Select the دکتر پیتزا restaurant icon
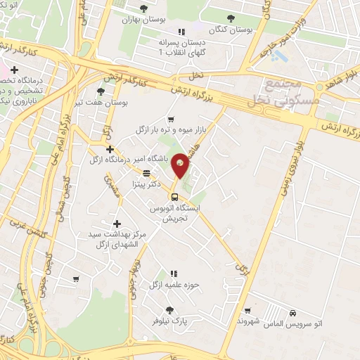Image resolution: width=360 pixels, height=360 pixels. [x=146, y=172]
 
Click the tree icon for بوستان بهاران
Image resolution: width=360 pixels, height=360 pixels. [x=144, y=9]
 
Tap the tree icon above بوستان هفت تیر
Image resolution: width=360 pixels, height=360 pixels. [x=102, y=92]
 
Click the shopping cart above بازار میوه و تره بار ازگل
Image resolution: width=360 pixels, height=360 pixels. [x=171, y=119]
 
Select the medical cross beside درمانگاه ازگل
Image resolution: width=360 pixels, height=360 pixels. [x=109, y=148]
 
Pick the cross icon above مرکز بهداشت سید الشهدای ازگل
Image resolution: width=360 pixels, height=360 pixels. [x=117, y=222]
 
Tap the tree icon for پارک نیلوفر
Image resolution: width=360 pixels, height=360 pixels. [x=169, y=309]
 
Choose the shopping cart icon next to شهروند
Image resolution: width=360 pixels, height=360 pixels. [x=247, y=310]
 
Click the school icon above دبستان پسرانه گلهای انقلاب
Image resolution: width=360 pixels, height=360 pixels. [x=181, y=32]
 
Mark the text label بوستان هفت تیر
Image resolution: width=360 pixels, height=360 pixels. [x=102, y=104]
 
